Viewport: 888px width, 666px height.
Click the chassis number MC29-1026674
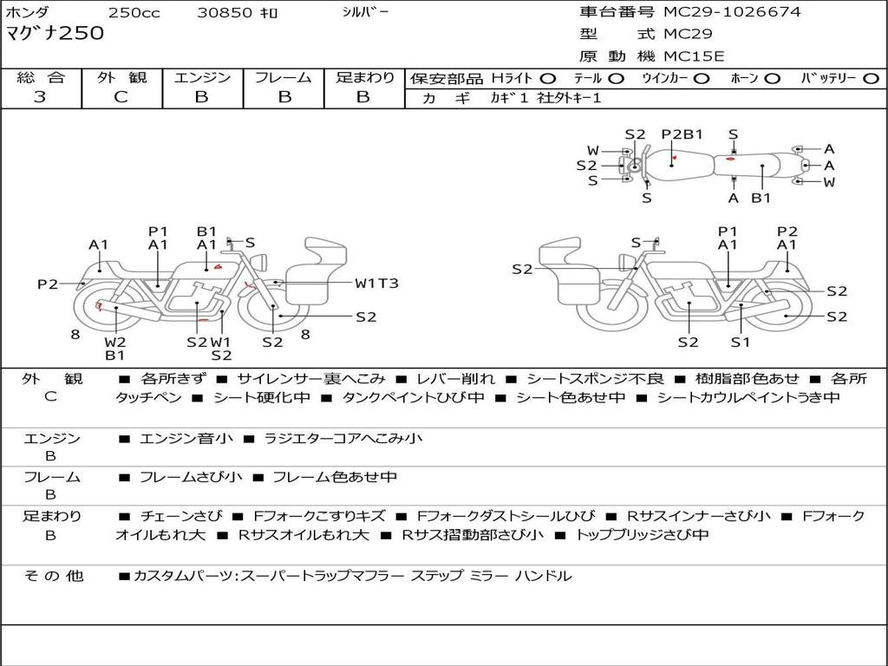[732, 12]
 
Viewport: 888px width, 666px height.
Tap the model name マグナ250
[55, 34]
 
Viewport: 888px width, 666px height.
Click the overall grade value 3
[40, 97]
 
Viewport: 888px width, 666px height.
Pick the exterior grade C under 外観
[121, 97]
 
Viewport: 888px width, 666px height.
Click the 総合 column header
[41, 77]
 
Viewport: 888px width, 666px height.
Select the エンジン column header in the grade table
[202, 77]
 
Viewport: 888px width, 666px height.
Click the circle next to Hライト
[548, 78]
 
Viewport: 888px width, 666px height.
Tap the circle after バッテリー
[870, 78]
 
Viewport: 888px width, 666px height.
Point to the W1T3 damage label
[376, 283]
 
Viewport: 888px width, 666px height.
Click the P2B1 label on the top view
[682, 134]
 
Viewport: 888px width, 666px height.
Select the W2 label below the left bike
[115, 341]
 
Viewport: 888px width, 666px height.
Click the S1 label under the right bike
[739, 342]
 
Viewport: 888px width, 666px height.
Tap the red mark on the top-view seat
[731, 159]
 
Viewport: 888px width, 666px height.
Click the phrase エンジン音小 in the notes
[186, 439]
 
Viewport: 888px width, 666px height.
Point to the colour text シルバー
[365, 12]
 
